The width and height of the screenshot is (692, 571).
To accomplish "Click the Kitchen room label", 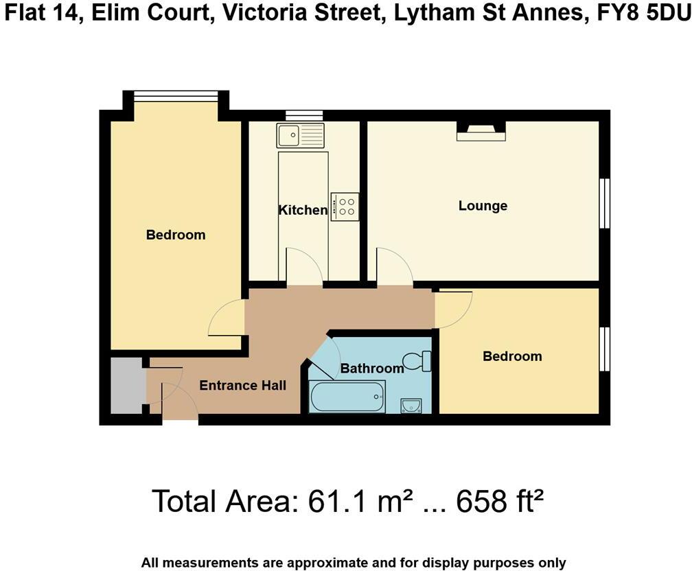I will tap(302, 210).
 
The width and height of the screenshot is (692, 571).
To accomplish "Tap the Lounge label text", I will tap(483, 206).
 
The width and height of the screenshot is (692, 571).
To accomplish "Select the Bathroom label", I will tap(371, 369).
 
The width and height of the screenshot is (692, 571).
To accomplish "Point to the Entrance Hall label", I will tap(242, 386).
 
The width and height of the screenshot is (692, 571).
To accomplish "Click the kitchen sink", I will tap(300, 135).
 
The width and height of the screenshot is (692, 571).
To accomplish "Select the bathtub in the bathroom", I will tap(347, 397).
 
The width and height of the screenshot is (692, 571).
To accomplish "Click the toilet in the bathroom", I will tap(417, 360).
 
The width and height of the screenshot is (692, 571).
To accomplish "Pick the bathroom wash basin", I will tap(411, 406).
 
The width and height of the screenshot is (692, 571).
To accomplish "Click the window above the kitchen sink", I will tap(303, 115).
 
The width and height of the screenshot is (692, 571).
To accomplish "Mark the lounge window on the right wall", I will tap(604, 203).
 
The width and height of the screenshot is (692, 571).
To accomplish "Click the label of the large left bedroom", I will tap(176, 235).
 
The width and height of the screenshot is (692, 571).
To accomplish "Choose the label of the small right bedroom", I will tap(512, 356).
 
